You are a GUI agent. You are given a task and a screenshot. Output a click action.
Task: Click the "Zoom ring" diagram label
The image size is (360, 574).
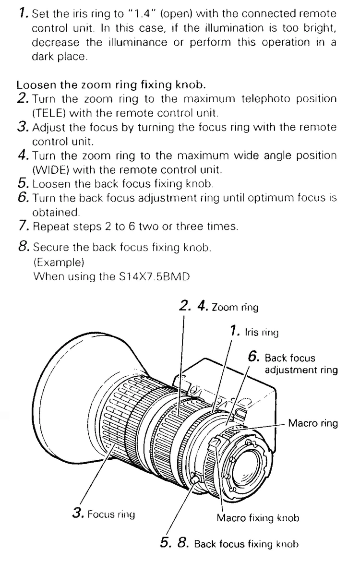(235, 307)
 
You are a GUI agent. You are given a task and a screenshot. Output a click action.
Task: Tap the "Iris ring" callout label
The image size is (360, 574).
(262, 332)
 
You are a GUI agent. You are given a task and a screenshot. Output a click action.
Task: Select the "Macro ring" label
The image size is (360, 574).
(313, 423)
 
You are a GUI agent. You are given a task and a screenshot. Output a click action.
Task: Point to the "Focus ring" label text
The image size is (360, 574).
(111, 514)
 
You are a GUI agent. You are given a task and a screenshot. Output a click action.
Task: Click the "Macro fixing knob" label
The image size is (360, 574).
(258, 518)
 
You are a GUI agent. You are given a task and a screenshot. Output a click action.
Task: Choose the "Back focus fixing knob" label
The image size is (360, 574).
(246, 544)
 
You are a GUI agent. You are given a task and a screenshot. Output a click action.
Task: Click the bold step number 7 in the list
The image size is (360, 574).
(23, 226)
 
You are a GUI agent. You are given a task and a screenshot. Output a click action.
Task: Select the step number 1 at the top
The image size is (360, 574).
(23, 13)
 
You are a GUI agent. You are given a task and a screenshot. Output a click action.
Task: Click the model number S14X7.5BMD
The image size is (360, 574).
(155, 276)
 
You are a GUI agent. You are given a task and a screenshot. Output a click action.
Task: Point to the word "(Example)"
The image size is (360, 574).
(59, 262)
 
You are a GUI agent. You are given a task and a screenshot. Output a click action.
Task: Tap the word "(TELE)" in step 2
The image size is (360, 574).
(48, 113)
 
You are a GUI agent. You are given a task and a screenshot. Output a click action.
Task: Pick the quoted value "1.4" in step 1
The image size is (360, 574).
(142, 13)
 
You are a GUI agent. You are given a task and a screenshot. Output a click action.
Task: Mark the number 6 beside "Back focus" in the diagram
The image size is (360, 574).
(253, 356)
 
